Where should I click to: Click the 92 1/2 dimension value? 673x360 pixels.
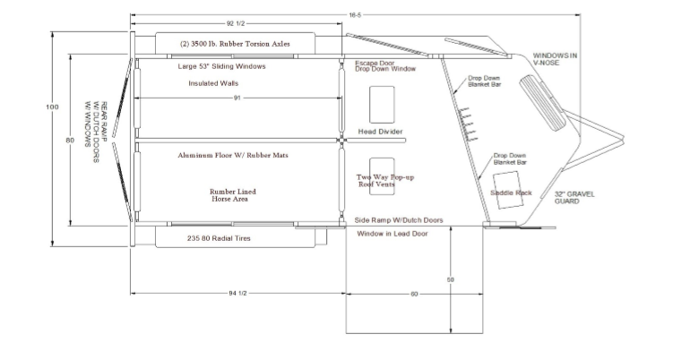[235, 23]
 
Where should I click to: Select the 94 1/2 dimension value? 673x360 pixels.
[237, 294]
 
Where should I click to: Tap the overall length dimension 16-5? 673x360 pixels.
[355, 15]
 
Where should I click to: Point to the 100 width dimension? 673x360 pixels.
[52, 107]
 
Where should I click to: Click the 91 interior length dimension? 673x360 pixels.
[237, 98]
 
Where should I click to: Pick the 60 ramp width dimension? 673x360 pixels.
[414, 294]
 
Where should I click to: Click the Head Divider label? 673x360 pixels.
[380, 132]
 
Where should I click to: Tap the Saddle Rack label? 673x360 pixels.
[511, 193]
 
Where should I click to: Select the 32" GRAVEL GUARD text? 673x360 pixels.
[574, 198]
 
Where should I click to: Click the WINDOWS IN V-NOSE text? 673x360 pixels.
[555, 59]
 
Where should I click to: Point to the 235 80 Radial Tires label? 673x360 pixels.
[219, 238]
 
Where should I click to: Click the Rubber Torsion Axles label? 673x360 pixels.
[235, 44]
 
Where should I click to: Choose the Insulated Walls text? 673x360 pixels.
[213, 83]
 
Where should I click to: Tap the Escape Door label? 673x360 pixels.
[375, 64]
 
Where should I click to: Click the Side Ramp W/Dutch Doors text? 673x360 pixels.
[399, 220]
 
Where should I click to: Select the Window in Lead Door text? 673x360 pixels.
[393, 234]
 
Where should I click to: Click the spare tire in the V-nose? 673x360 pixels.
[543, 103]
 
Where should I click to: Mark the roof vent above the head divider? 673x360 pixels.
[382, 105]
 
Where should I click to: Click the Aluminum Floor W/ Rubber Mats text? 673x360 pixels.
[233, 155]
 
